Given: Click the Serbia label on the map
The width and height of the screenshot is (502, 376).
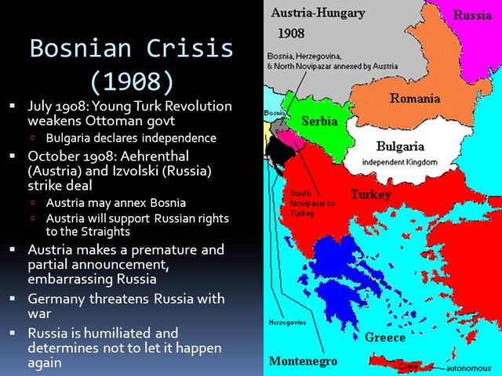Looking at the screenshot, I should click(320, 121).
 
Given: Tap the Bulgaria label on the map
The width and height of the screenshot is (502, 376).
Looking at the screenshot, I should click(400, 146).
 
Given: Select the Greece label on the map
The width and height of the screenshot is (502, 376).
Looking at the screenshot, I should click(384, 337).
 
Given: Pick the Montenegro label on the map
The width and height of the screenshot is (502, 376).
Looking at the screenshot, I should click(303, 361).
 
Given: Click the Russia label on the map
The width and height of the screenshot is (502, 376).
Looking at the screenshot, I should click(473, 15).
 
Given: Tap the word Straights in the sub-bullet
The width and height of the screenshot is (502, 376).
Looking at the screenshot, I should click(107, 232).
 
